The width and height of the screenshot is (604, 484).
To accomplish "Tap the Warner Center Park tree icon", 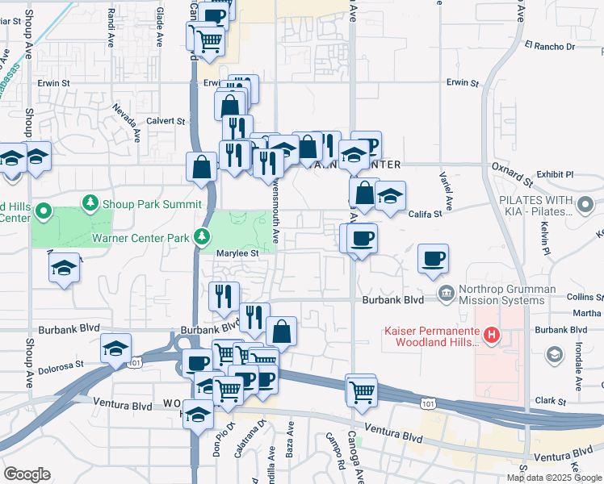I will click(201, 237).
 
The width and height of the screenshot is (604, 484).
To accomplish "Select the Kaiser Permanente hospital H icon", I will click(490, 334).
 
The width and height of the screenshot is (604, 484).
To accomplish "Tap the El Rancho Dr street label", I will click(549, 47).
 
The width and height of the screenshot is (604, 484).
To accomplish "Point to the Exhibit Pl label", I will click(555, 173).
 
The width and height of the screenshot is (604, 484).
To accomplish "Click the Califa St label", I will click(426, 214).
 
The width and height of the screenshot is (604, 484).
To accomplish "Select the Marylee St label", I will click(238, 252).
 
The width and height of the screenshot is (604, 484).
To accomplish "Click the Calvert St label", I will click(166, 121).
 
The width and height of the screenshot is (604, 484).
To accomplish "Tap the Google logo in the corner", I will click(27, 474).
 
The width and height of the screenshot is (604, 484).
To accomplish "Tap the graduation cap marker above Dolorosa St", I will click(116, 348).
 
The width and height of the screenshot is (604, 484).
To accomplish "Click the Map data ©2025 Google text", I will click(554, 478).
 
